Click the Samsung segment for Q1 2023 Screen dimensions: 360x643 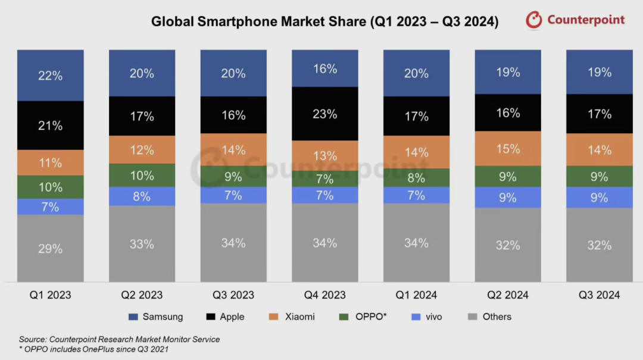coord(50,76)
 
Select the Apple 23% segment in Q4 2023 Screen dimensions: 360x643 coord(324,114)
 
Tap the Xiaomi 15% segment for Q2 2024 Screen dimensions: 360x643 coord(508,149)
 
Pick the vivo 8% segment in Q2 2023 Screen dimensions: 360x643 coord(142,196)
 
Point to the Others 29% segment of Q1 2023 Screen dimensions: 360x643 coord(50,249)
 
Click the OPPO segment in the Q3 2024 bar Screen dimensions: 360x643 coord(599,177)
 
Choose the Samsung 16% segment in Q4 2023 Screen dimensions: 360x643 coord(324,68)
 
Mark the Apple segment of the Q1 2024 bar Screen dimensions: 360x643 coord(416,116)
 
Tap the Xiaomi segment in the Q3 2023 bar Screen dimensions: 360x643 coord(233,149)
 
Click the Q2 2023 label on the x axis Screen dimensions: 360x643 coord(142,295)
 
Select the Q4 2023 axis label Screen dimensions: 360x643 coord(324,295)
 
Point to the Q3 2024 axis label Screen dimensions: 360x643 coord(599,295)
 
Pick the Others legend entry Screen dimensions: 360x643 coord(489,317)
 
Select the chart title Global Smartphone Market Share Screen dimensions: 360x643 coord(324,22)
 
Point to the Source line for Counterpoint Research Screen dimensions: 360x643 coord(119,339)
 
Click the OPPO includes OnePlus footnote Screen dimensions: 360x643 coord(93,349)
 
